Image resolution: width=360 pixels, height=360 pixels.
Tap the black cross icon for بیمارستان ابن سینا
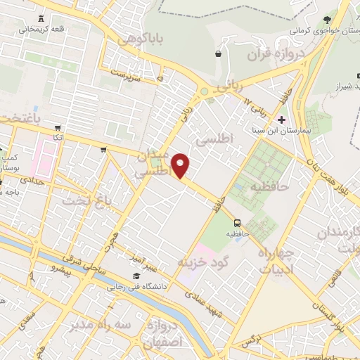click(282, 120)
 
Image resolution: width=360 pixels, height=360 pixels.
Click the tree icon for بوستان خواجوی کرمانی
click(326, 20)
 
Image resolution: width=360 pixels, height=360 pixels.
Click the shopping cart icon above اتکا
click(58, 127)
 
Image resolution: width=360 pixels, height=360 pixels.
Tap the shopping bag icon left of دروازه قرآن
click(218, 53)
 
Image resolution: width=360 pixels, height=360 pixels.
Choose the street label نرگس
click(251, 340)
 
